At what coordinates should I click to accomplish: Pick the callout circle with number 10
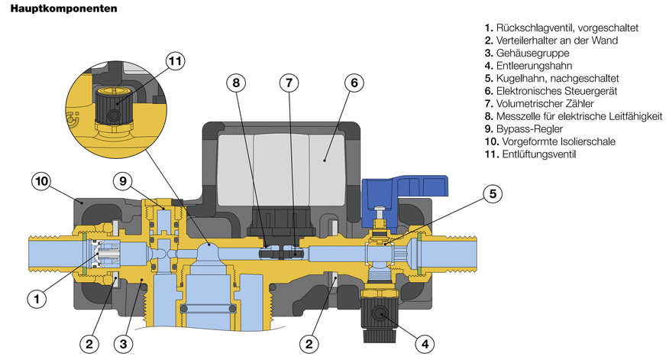[41, 181]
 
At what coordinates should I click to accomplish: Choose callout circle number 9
[121, 181]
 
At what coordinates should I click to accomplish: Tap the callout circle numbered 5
[493, 193]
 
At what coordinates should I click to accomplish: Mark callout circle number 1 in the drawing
[33, 299]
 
